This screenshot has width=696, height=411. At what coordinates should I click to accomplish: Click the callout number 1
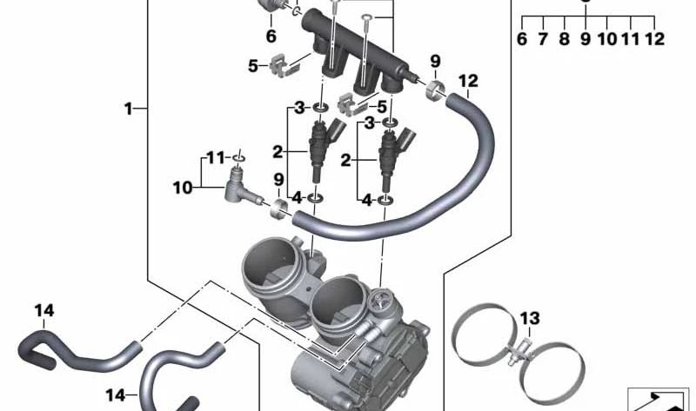(x=128, y=109)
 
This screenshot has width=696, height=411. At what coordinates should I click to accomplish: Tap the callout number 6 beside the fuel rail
(x=271, y=36)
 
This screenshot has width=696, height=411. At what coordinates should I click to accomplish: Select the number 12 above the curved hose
(x=468, y=81)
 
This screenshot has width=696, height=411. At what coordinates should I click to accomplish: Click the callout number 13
(x=530, y=318)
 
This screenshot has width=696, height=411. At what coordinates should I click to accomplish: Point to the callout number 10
(x=183, y=188)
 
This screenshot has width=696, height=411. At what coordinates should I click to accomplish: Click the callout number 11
(x=216, y=158)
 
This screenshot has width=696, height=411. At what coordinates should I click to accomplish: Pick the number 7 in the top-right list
(x=542, y=39)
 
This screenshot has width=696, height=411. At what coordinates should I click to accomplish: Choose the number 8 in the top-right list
(x=564, y=39)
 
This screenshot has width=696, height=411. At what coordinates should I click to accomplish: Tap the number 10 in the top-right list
(x=607, y=39)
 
